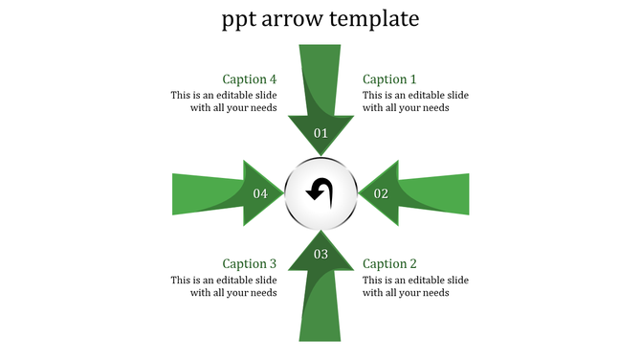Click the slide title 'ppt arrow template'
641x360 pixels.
coord(320,19)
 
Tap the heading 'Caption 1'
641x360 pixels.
coord(390,79)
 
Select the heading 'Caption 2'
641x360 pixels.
coord(390,263)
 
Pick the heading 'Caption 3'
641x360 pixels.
coord(250,263)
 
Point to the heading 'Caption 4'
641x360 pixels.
coord(250,79)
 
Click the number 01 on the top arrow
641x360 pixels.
coord(320,133)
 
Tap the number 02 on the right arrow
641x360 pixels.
coord(381,193)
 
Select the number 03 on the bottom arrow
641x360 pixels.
coord(320,254)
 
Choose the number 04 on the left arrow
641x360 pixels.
coord(260,193)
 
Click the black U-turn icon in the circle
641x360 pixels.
coord(320,191)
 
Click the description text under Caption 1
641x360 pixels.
coord(415,101)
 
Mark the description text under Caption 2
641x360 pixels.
coord(415,286)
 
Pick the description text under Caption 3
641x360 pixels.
coord(224,286)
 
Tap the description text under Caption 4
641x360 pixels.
coord(224,101)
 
